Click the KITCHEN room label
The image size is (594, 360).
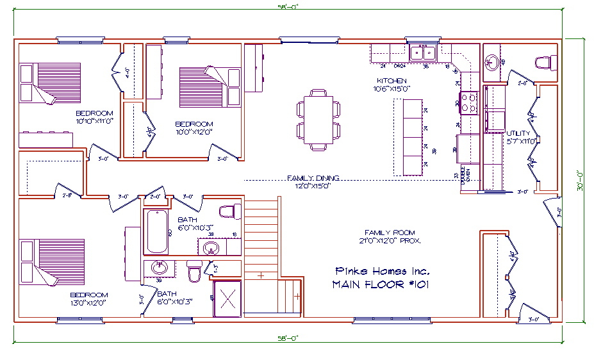[x=391, y=81]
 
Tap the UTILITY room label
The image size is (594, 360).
[x=518, y=133]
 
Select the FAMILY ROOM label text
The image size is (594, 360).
[x=390, y=233]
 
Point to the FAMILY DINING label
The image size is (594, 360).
[x=313, y=178]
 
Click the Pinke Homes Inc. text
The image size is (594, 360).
[x=383, y=271]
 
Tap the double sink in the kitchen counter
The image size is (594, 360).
[x=423, y=52]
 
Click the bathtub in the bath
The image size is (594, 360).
[x=157, y=231]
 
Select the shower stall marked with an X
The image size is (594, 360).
[x=227, y=299]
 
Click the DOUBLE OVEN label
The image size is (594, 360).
[x=463, y=176]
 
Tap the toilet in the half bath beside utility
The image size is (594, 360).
[x=545, y=62]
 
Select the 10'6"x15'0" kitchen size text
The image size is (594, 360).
[x=392, y=89]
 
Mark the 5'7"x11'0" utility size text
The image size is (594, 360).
[x=520, y=141]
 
